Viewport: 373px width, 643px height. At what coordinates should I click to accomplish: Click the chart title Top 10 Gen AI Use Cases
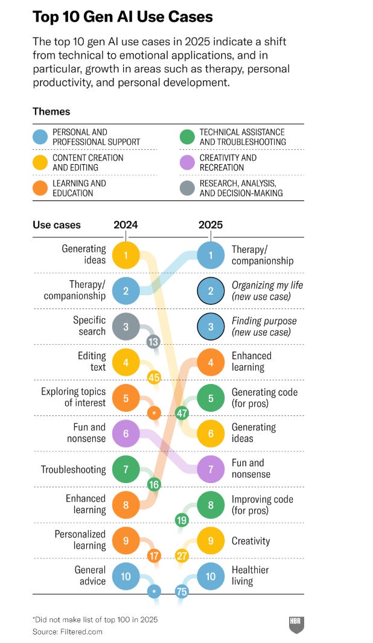pyautogui.click(x=123, y=17)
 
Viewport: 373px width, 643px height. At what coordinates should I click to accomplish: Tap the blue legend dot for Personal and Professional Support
pyautogui.click(x=40, y=137)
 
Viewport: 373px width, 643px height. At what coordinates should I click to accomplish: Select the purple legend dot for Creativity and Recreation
pyautogui.click(x=188, y=162)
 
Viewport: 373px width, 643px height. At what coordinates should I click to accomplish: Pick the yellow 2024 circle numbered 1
pyautogui.click(x=126, y=255)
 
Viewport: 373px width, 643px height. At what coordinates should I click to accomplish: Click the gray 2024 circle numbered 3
pyautogui.click(x=126, y=326)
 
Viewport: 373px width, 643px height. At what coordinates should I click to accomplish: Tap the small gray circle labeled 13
pyautogui.click(x=154, y=342)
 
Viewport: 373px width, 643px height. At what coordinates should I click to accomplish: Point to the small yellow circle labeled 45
pyautogui.click(x=154, y=378)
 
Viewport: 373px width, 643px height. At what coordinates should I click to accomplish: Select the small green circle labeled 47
pyautogui.click(x=182, y=414)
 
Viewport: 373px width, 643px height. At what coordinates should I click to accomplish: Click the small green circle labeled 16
pyautogui.click(x=154, y=484)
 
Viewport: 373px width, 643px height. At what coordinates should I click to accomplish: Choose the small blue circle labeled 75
pyautogui.click(x=182, y=592)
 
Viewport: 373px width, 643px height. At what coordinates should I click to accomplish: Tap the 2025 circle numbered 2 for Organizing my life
pyautogui.click(x=211, y=290)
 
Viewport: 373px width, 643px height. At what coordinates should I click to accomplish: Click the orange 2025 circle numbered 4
pyautogui.click(x=211, y=362)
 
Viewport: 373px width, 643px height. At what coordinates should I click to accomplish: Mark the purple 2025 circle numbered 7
pyautogui.click(x=211, y=469)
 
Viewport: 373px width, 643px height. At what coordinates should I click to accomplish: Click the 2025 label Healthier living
pyautogui.click(x=250, y=575)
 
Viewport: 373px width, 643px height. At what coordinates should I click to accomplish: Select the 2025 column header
pyautogui.click(x=211, y=225)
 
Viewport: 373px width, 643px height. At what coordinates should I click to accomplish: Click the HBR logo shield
pyautogui.click(x=296, y=625)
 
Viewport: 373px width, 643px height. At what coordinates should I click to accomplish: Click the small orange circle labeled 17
pyautogui.click(x=154, y=555)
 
